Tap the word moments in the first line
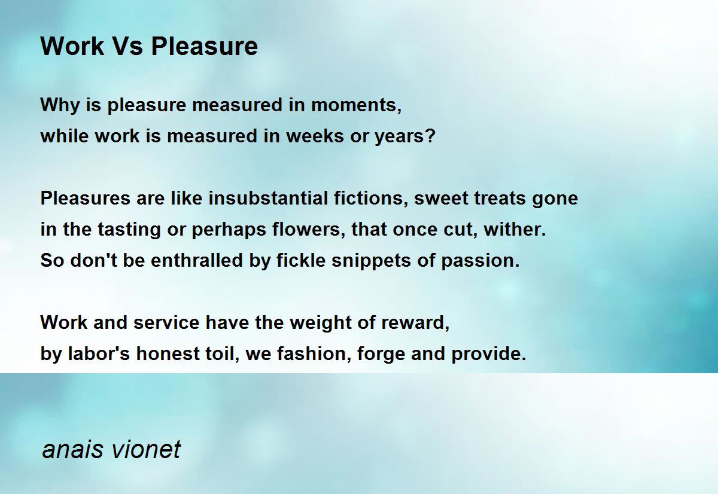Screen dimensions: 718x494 tap(354, 105)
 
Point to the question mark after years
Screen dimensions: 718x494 tap(430, 136)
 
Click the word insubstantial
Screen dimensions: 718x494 tap(268, 198)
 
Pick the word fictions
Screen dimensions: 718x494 tap(368, 198)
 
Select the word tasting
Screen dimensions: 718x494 tap(129, 230)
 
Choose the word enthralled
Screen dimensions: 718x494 tap(196, 260)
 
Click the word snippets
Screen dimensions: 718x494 tap(371, 261)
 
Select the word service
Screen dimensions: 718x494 tap(166, 322)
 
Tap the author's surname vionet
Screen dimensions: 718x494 tap(146, 450)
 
